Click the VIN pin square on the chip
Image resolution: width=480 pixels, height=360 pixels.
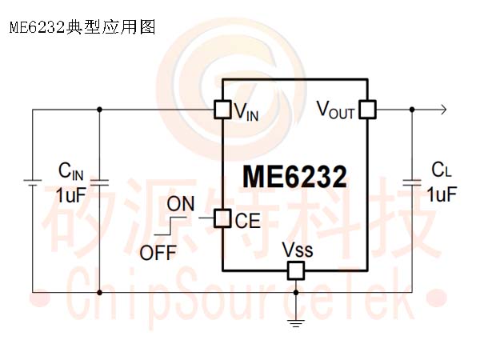[222, 110]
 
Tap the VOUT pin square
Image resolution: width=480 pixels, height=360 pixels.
[367, 110]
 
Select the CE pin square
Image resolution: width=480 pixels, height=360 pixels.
[222, 218]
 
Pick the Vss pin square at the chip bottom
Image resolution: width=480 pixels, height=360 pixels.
[296, 270]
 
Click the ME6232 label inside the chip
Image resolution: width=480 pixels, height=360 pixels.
[294, 177]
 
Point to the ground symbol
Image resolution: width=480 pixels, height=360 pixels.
[296, 323]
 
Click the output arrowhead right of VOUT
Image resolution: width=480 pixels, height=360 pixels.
[443, 110]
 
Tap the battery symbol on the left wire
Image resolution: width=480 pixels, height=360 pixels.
[33, 182]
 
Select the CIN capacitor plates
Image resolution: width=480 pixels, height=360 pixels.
[99, 182]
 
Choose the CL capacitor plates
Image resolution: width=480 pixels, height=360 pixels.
[412, 182]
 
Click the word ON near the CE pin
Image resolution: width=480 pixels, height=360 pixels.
[181, 203]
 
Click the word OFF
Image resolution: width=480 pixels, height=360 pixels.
[158, 253]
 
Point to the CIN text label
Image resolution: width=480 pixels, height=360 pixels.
[70, 171]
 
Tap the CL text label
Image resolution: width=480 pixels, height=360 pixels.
[442, 170]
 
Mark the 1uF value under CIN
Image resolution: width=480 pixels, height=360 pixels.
[70, 194]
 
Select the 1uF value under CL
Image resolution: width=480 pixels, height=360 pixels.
[442, 194]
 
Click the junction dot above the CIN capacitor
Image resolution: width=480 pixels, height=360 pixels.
[99, 110]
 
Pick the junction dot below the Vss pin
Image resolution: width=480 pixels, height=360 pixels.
[296, 293]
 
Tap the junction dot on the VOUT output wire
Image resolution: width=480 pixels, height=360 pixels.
[412, 110]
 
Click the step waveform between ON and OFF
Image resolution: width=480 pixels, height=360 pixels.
[170, 226]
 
